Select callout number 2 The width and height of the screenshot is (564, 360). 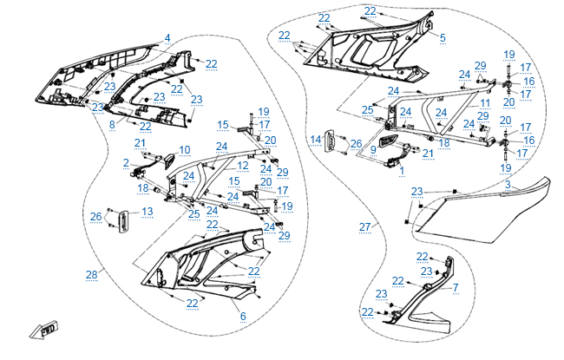point(126,162)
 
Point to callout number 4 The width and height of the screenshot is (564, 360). point(167,37)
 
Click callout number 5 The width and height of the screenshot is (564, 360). point(443,37)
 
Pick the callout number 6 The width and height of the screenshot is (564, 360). point(243,316)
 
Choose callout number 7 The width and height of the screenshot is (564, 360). point(456,286)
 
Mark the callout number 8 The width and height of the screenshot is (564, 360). point(112,125)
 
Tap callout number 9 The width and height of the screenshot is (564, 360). point(372,149)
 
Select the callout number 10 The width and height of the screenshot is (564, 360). point(184,150)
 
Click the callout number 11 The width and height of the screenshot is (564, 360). point(486,102)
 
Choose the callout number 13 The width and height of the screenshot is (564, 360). point(148,212)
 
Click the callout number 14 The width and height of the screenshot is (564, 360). point(317,139)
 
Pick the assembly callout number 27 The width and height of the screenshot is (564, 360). point(364,226)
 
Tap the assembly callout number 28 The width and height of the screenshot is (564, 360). point(91,275)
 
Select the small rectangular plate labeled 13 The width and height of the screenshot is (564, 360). point(124,221)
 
